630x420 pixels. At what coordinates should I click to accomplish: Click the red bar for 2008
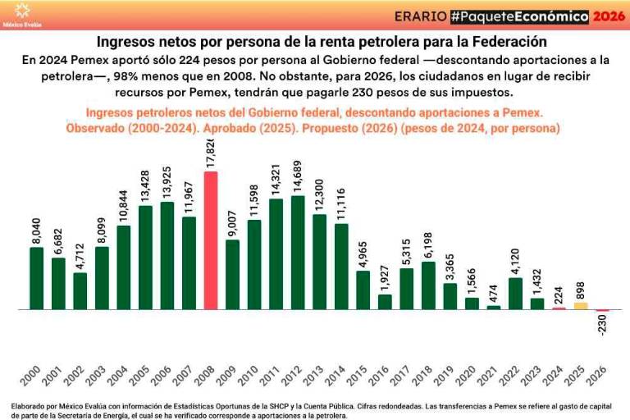(x=211, y=240)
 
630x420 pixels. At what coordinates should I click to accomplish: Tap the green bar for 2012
(x=298, y=253)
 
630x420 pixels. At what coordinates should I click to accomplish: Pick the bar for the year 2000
(x=37, y=278)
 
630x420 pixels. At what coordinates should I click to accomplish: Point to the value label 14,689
(x=298, y=173)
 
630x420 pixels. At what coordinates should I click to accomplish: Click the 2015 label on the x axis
(x=358, y=375)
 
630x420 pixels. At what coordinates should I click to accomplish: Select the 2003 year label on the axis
(x=97, y=375)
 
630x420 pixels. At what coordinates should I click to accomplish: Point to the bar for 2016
(x=385, y=302)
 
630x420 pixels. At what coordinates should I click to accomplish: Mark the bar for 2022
(x=515, y=294)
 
